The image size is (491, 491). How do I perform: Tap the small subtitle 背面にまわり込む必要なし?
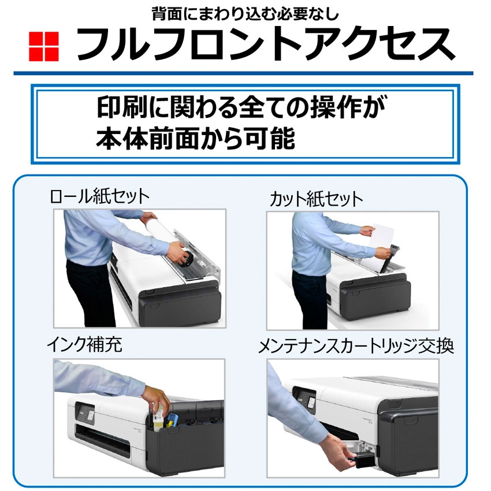[245, 13]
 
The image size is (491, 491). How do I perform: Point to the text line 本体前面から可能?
[196, 139]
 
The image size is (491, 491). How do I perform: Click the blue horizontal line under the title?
[243, 73]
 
